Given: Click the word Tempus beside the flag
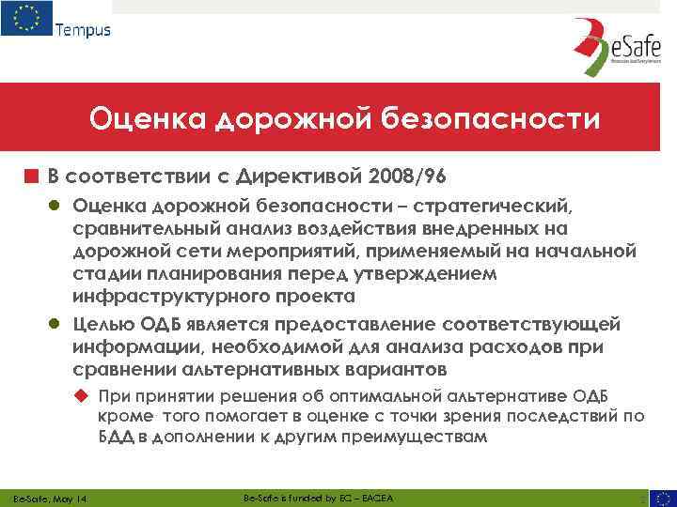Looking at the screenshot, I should (83, 29).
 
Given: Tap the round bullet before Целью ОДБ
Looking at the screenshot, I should (57, 325).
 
